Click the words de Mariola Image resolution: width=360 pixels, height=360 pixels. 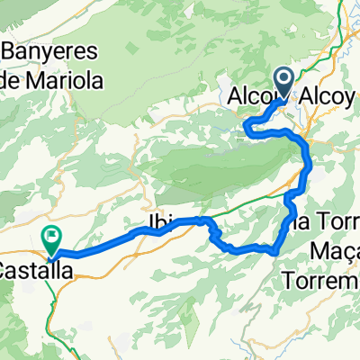pos(56,79)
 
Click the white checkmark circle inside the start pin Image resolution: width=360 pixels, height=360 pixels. pos(285,80)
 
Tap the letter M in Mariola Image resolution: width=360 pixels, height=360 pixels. pos(45,79)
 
